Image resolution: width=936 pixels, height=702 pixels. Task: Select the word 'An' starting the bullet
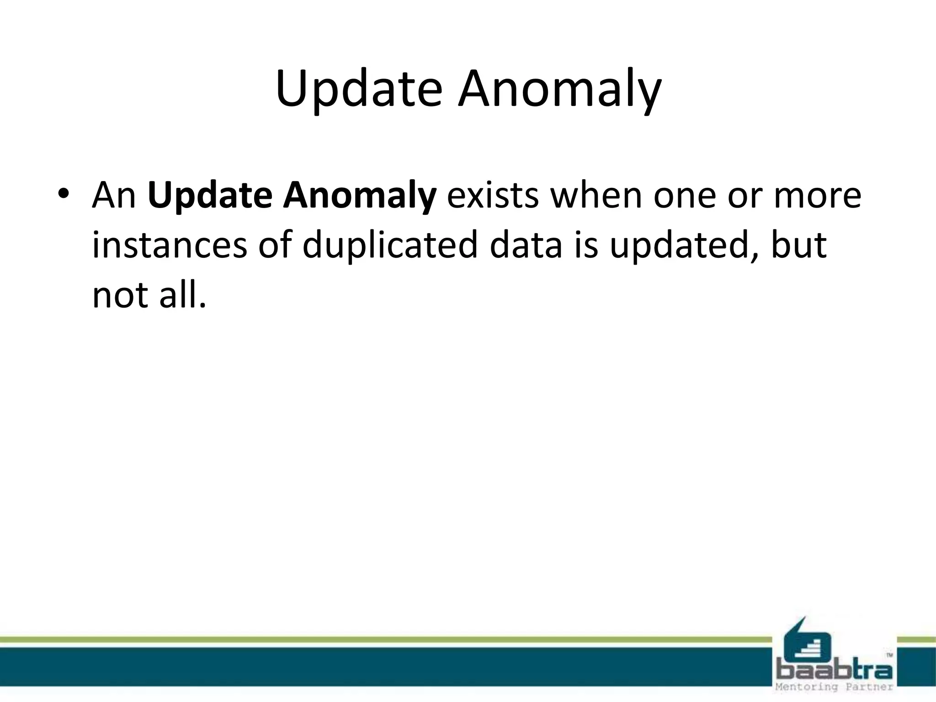click(x=114, y=196)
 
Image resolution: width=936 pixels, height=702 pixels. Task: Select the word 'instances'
click(x=169, y=245)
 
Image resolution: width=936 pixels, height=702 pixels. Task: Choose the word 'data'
click(x=525, y=245)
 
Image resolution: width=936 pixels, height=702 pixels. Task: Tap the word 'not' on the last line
click(x=120, y=295)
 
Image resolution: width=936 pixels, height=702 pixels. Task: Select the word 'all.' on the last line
click(x=182, y=294)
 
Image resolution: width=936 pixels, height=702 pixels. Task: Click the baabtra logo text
click(x=835, y=670)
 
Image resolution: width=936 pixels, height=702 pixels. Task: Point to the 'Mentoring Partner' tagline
click(x=835, y=687)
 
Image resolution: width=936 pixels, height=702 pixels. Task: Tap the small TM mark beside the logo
click(x=889, y=655)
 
